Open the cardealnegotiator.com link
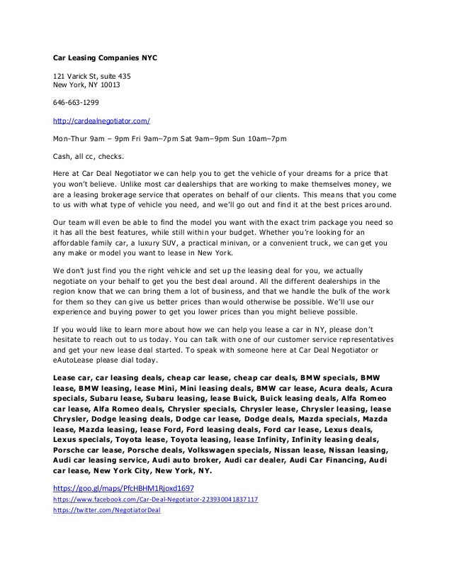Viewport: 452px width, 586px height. (102, 121)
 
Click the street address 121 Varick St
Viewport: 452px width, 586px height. (78, 76)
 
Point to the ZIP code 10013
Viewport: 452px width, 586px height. (110, 86)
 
